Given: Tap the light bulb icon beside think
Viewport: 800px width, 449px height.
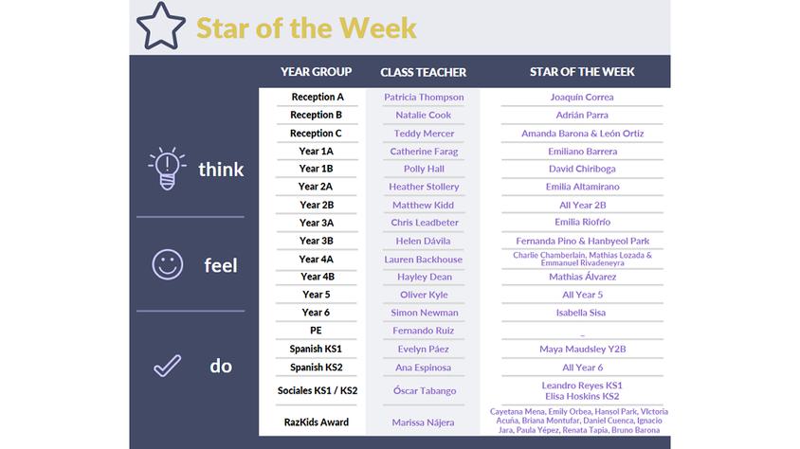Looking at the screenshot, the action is [167, 169].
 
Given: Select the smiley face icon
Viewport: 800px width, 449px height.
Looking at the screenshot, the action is [168, 264].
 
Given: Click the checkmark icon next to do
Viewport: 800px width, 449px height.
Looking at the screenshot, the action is [168, 366].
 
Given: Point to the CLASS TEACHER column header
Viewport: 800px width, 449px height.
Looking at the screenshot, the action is [423, 72].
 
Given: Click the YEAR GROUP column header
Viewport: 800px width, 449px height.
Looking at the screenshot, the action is [316, 72].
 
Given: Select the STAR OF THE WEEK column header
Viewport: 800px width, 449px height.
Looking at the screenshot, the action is [582, 72].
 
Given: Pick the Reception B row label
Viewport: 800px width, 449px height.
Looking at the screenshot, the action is [316, 115].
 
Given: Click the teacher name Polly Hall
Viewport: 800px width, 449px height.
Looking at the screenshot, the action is [424, 169].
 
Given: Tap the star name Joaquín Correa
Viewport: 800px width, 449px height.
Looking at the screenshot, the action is [582, 97].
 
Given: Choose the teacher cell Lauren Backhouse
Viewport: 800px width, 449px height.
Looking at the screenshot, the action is [423, 260].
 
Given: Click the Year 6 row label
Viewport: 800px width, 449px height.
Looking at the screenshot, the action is [316, 313].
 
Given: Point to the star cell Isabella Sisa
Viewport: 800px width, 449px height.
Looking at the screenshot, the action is [581, 313].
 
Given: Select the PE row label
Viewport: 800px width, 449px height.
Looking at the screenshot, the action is [316, 331].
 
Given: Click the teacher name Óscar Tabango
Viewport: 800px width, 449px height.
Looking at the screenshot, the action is [425, 390].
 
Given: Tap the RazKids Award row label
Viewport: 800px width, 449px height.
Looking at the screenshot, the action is [317, 422].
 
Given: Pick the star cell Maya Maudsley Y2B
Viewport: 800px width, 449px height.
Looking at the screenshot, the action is [582, 350].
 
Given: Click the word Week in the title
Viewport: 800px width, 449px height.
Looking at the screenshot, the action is [377, 28].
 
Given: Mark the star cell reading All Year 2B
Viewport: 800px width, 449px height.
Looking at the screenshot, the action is [582, 205].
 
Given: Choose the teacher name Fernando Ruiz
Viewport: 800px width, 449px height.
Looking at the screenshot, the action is [423, 331].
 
